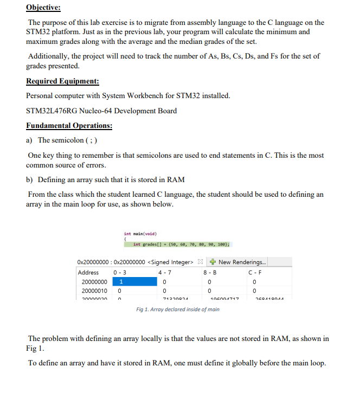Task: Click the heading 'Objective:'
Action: click(43, 8)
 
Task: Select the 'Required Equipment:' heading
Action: click(62, 81)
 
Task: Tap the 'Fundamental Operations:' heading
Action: click(69, 126)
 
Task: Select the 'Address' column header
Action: click(88, 272)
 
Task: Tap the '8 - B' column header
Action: click(209, 272)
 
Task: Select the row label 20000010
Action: click(94, 292)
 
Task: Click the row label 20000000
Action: click(94, 282)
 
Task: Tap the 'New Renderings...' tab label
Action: click(242, 262)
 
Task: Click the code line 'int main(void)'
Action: click(140, 234)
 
